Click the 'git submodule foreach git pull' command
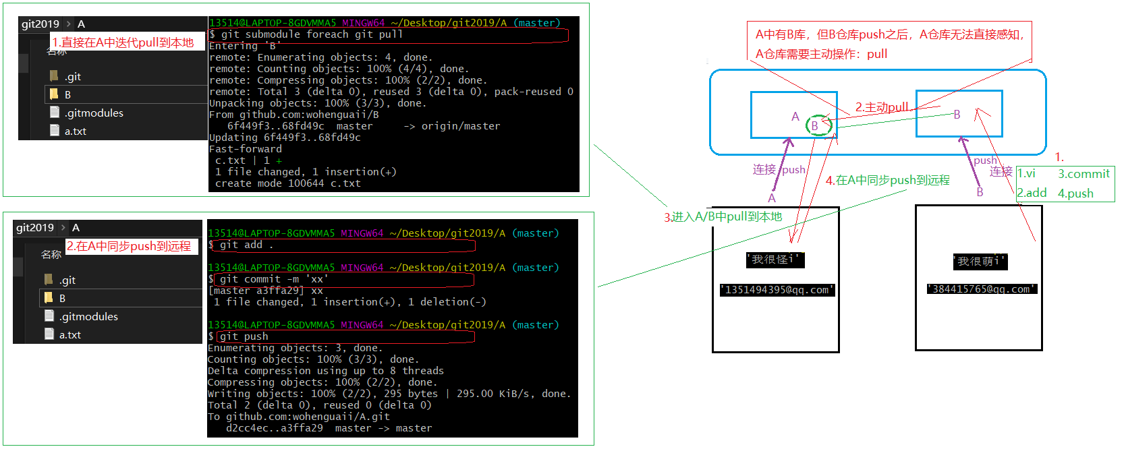coord(312,34)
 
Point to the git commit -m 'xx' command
coord(274,279)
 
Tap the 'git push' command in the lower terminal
coord(244,336)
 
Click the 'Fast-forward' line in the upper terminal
coord(246,149)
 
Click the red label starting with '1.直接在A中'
coord(123,42)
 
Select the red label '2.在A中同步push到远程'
coord(129,246)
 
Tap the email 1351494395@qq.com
coord(777,290)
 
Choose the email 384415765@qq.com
coord(982,289)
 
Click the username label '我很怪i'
coord(775,260)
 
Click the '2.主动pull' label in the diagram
coord(881,107)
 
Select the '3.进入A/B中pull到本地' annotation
coord(723,216)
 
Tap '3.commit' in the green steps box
coord(1084,174)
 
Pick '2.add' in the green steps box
coord(1032,193)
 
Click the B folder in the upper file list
coord(67,94)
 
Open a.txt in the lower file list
coord(69,334)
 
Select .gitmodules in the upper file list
coord(94,113)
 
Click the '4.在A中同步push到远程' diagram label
coord(887,180)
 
